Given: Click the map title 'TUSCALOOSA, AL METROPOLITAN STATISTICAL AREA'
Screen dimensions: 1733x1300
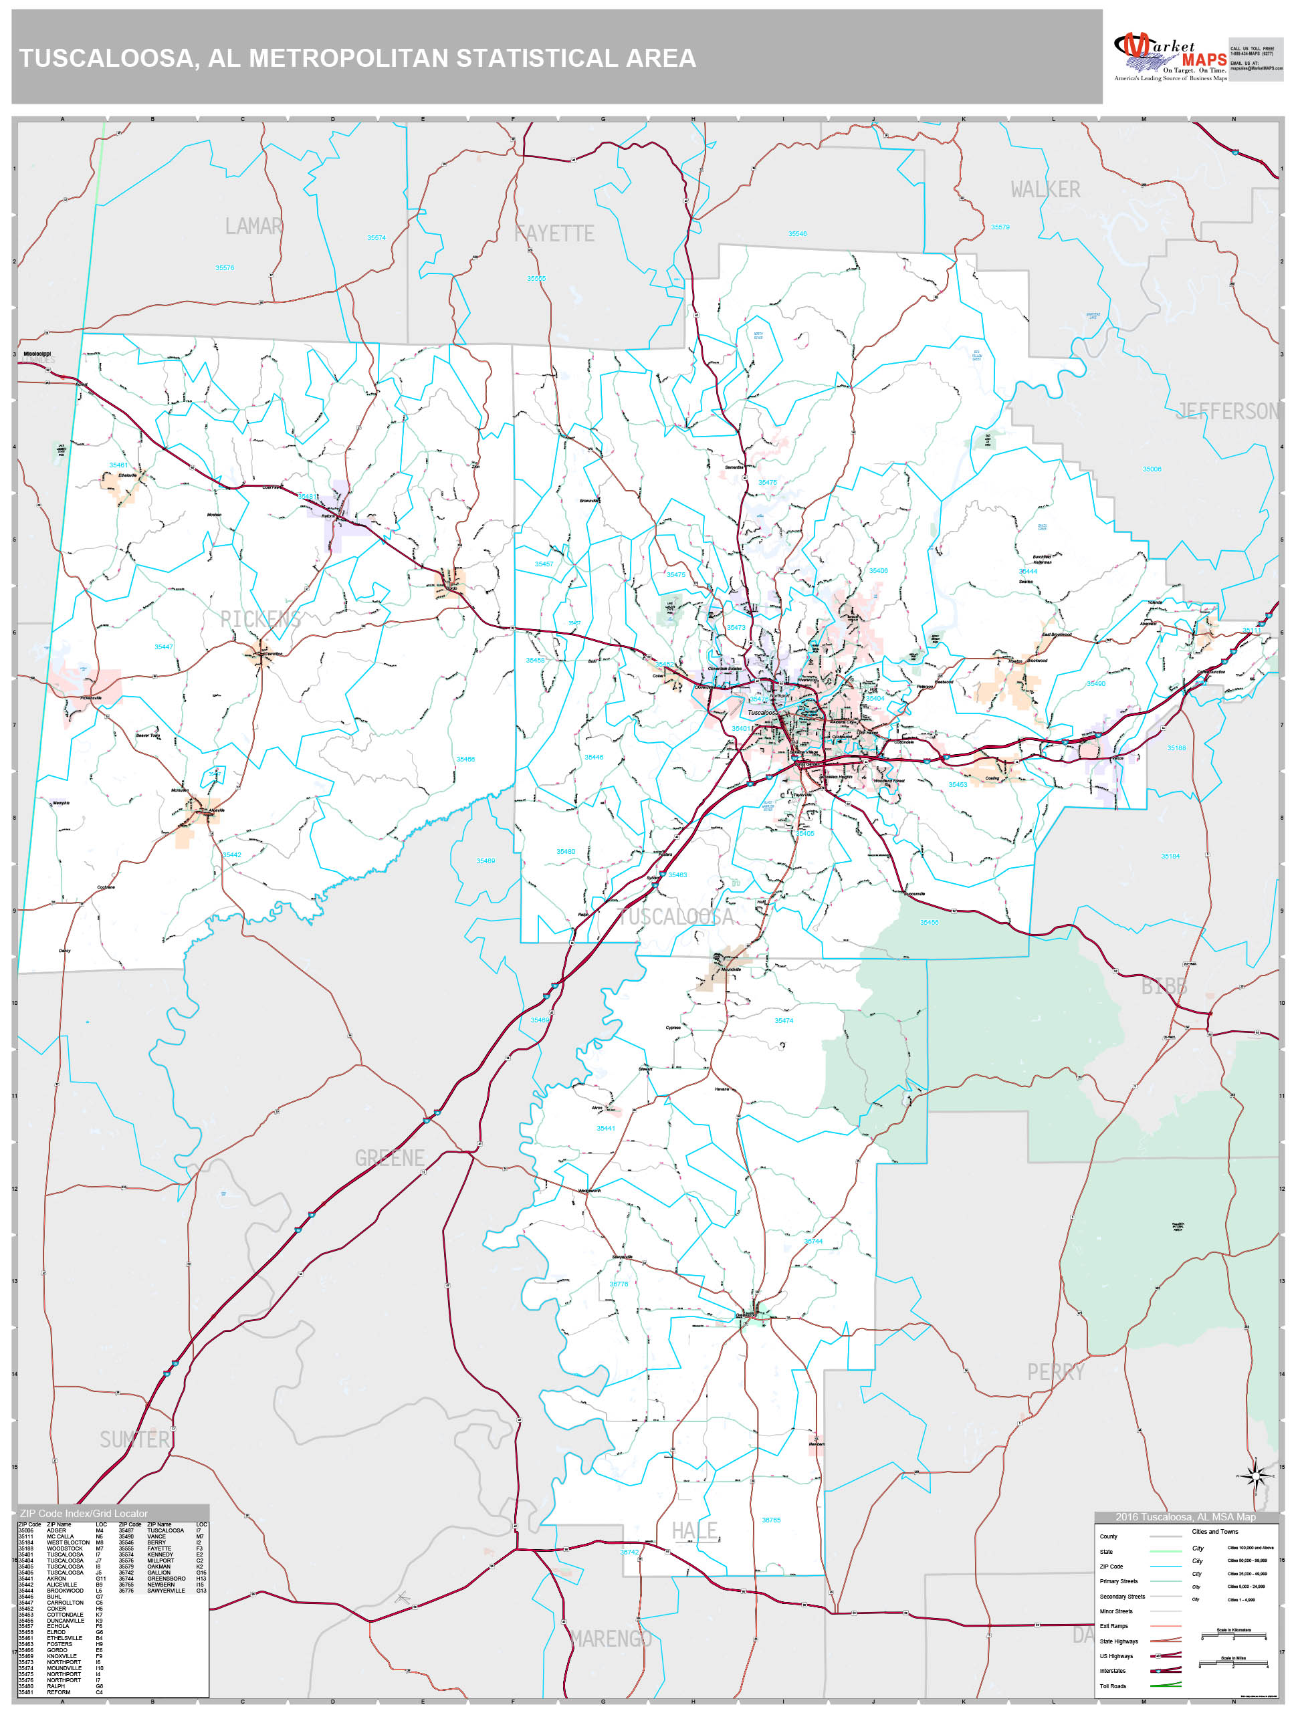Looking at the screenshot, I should (357, 59).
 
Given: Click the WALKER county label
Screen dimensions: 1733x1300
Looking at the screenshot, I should (1045, 190).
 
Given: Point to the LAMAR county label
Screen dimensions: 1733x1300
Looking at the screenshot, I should (253, 227).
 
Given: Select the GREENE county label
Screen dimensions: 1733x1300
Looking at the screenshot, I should (389, 1158).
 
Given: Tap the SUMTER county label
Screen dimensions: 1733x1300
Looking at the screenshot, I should (134, 1440).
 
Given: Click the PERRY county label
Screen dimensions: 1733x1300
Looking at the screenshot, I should (1055, 1372).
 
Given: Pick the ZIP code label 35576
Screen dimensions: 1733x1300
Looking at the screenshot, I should (225, 268).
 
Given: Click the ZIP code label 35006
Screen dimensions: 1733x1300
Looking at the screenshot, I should (1151, 469).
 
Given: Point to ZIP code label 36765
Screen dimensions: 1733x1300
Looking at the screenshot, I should (771, 1520).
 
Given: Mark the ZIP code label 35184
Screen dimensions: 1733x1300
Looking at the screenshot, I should (1170, 856).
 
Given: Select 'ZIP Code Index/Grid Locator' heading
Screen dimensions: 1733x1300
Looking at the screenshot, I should (84, 1513).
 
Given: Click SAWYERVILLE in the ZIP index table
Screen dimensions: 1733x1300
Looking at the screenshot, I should (165, 1591).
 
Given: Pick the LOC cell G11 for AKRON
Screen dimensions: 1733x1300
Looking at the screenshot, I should (100, 1579).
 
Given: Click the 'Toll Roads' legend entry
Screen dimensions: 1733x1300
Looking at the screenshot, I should (1112, 1686).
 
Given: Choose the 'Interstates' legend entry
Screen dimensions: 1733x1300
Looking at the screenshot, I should (1112, 1671).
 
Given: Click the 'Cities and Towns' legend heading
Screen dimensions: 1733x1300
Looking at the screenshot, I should (1214, 1532).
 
